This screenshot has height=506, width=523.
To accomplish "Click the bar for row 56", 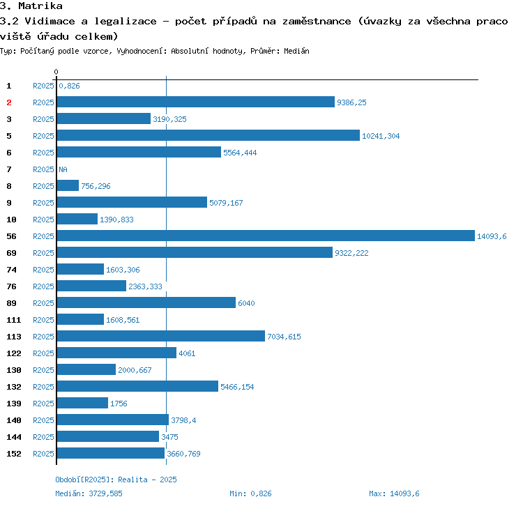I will tap(266, 236).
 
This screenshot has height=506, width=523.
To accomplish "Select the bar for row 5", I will tap(209, 136).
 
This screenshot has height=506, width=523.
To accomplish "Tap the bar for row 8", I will tap(68, 186).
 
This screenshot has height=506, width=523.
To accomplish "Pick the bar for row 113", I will tap(161, 337).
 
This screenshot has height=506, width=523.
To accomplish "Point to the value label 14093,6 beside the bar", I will tap(492, 236).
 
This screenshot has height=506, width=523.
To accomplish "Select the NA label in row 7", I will tap(63, 169).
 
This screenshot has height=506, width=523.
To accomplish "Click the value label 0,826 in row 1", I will tap(69, 86).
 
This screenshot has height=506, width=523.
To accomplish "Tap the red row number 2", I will tap(9, 102).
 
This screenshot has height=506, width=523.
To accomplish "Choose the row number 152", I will tap(13, 454).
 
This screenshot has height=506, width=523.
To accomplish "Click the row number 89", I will tap(11, 303).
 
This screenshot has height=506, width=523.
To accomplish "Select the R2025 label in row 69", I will tap(43, 253).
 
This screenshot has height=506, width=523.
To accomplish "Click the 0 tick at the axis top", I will tap(56, 72).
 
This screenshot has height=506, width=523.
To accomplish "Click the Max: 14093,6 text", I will tap(394, 493).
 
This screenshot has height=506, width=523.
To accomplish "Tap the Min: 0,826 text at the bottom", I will tap(250, 493).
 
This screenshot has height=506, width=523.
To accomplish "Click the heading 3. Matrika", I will tap(31, 6).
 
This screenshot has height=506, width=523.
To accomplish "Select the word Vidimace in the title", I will tap(48, 21).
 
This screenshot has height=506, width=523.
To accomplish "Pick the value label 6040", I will tap(247, 303).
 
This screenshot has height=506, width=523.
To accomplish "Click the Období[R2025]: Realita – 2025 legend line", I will tap(116, 480).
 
